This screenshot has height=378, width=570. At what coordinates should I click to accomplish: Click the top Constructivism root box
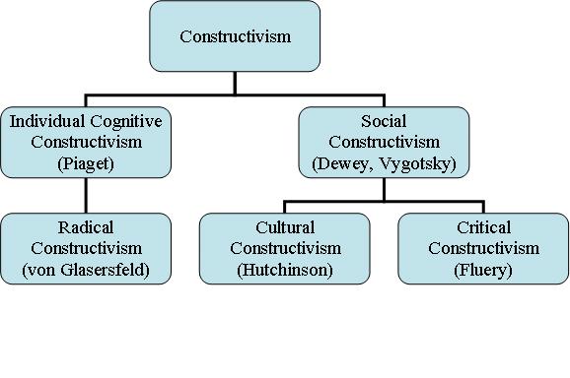[235, 36]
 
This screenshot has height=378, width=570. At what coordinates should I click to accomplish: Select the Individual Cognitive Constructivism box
[87, 142]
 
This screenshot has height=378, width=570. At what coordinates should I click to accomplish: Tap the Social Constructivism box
[382, 142]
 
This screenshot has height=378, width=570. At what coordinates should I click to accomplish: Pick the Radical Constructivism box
[87, 248]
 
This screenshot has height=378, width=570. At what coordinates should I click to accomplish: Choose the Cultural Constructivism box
[285, 248]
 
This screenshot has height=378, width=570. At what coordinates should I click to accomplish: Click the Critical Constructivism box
[483, 248]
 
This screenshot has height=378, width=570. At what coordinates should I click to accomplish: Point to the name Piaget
[87, 163]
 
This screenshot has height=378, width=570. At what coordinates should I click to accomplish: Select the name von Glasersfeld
[87, 270]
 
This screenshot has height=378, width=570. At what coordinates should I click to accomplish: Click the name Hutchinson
[285, 270]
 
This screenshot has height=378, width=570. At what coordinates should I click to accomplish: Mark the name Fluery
[483, 270]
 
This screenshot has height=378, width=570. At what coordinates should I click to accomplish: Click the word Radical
[87, 226]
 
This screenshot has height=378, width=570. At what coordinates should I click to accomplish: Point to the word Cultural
[285, 226]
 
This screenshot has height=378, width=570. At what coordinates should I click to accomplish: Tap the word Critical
[483, 226]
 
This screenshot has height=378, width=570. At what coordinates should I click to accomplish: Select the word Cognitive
[122, 120]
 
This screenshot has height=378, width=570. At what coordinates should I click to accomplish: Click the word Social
[382, 120]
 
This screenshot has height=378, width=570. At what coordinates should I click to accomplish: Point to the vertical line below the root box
[235, 83]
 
